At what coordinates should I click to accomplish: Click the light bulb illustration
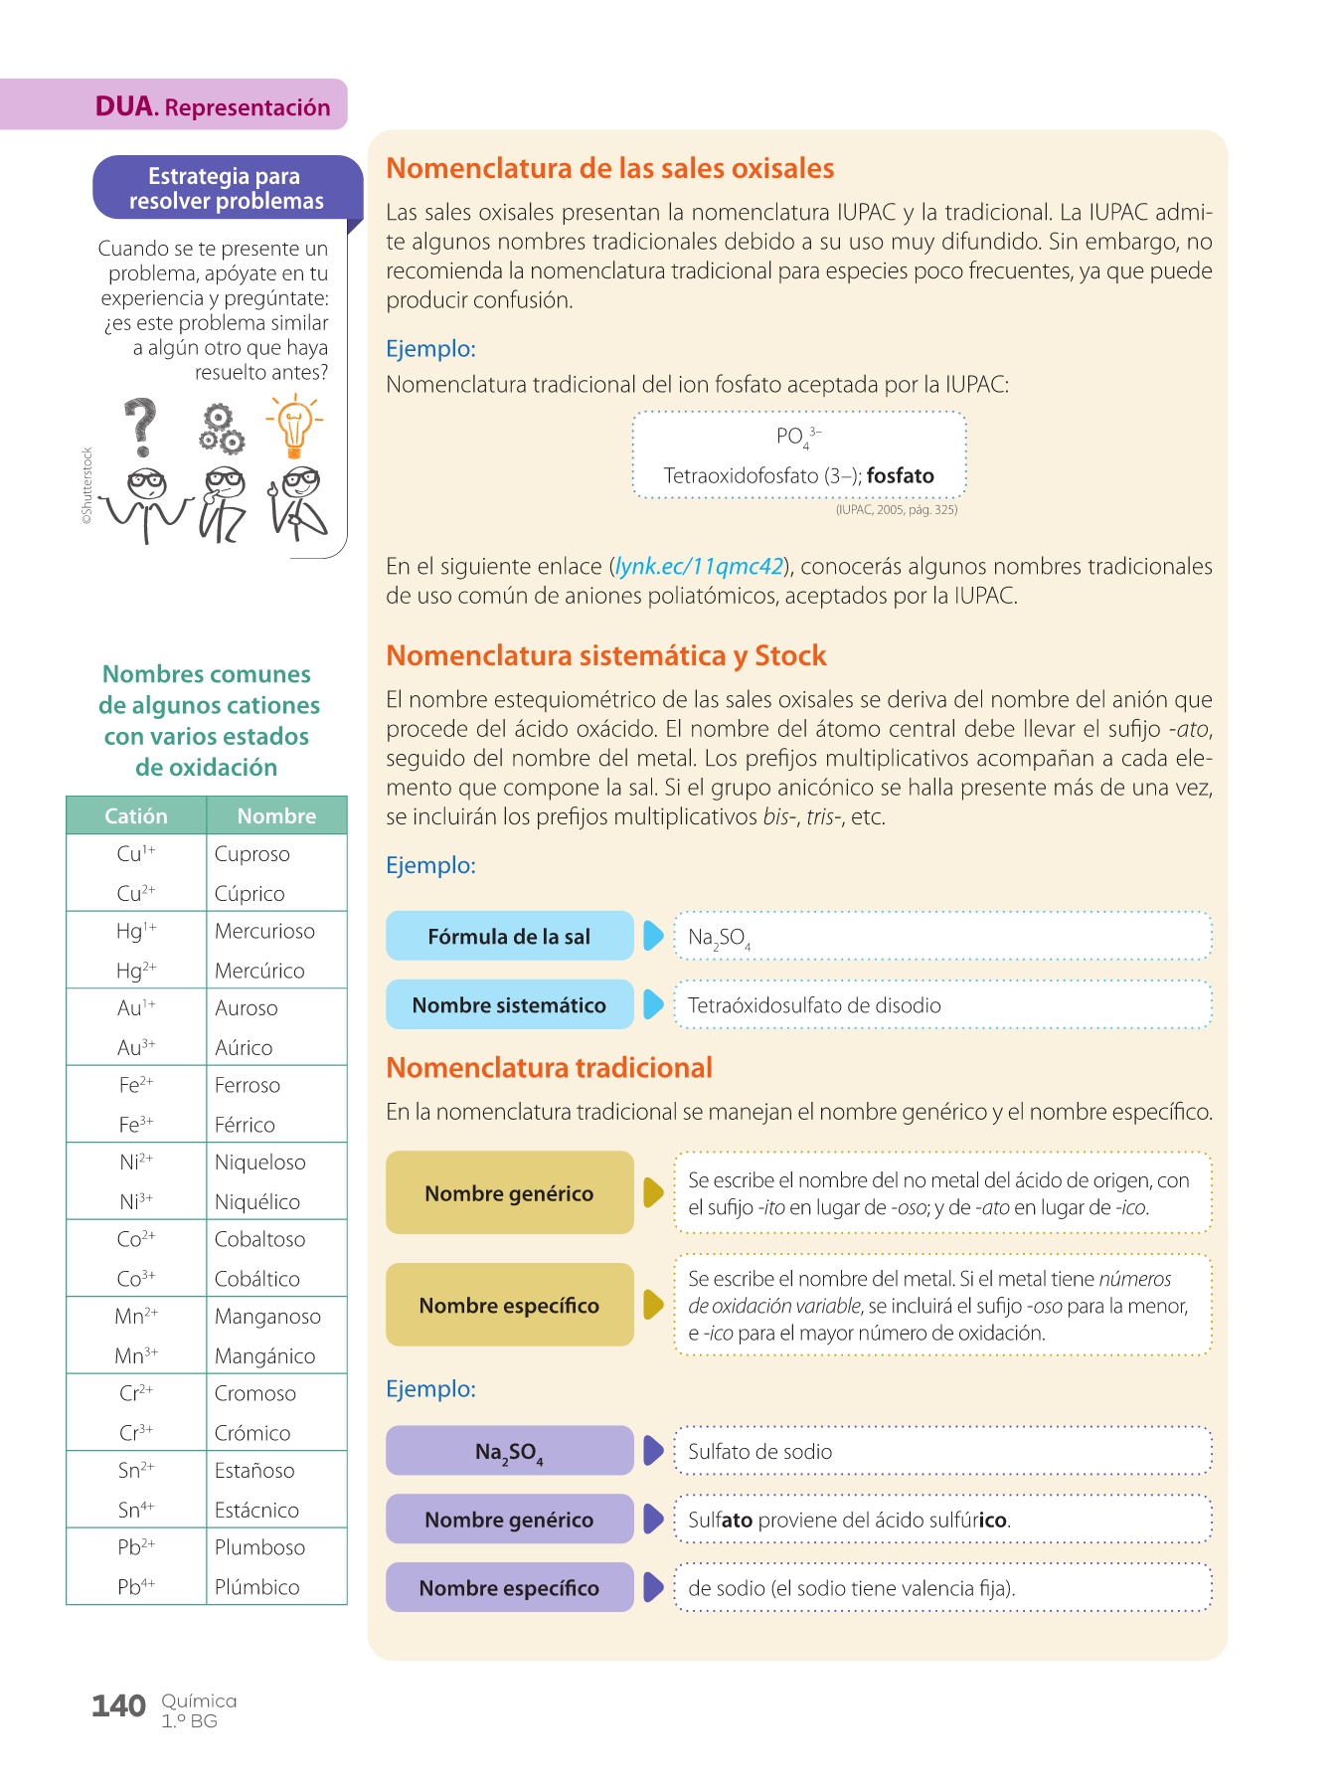point(294,427)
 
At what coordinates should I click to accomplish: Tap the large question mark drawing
point(141,426)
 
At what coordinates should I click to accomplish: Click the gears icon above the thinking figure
point(221,429)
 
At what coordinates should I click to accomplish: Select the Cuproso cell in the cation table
point(252,854)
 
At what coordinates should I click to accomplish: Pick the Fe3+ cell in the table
point(136,1125)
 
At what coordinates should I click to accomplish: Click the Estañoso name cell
point(254,1471)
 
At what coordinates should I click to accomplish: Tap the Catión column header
point(136,816)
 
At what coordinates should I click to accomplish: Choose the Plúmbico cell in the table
point(257,1587)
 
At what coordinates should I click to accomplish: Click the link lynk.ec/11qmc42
point(700,567)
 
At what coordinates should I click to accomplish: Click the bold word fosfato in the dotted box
point(901,476)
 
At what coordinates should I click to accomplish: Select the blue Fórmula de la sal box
point(509,937)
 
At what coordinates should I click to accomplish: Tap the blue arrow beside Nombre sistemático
point(653,1004)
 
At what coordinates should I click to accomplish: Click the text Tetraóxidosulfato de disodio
point(814,1005)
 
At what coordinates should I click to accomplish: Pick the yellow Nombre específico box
point(509,1305)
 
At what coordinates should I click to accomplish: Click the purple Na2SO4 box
point(509,1452)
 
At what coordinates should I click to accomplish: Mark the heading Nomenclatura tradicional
point(549,1068)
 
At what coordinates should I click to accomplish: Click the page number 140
point(118,1706)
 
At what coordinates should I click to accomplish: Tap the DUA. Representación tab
point(212,106)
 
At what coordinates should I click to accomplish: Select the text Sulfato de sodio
point(759,1452)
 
